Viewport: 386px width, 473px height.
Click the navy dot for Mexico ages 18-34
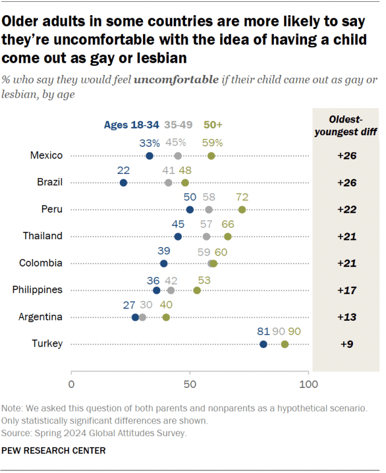click(x=150, y=156)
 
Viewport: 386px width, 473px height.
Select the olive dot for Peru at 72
click(x=242, y=210)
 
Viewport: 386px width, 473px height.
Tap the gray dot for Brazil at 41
click(x=168, y=182)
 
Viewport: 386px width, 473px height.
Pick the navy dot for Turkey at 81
click(x=263, y=344)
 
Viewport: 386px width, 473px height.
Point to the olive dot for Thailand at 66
click(x=227, y=236)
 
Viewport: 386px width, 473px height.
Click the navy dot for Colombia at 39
click(x=163, y=263)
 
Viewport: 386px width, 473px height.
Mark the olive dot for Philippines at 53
click(x=197, y=290)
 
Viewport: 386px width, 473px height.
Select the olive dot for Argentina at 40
click(x=166, y=317)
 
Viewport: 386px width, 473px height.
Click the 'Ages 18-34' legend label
click(x=131, y=125)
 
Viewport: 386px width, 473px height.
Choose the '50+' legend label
click(x=213, y=125)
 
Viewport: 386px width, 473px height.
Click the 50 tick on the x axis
click(x=190, y=384)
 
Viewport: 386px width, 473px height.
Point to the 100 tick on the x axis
click(x=308, y=384)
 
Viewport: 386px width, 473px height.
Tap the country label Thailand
click(x=43, y=236)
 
